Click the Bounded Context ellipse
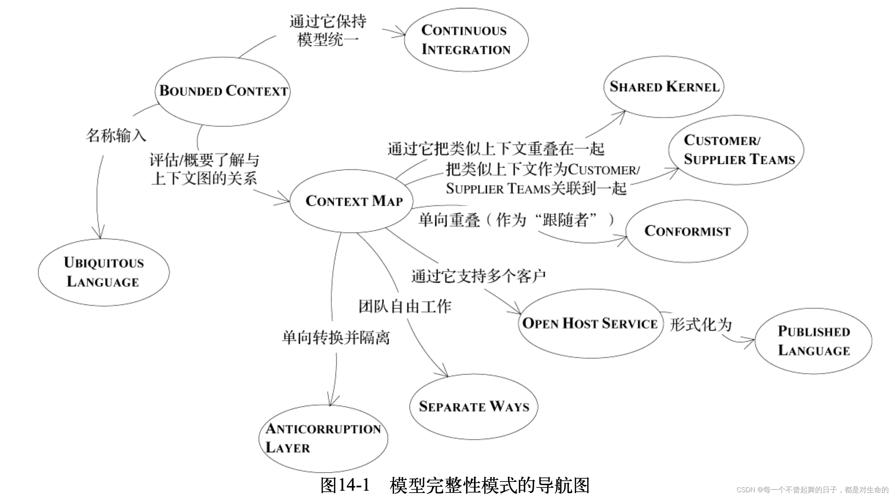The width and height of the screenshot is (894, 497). tap(223, 91)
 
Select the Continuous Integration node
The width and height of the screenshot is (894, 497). tap(466, 40)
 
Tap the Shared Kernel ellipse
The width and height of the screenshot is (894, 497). tap(664, 87)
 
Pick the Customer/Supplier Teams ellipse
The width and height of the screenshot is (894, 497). tap(736, 150)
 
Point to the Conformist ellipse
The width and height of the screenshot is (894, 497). tap(687, 231)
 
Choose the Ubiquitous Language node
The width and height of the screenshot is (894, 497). tap(104, 272)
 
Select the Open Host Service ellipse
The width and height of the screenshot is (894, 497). tap(590, 323)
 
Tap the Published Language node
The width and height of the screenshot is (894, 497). tap(814, 341)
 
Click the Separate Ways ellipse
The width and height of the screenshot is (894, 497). tap(474, 407)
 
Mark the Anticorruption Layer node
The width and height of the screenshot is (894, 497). tap(323, 438)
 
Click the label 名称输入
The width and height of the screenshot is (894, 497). tap(116, 136)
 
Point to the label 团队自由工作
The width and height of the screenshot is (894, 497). tap(405, 306)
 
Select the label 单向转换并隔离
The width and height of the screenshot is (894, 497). tap(336, 337)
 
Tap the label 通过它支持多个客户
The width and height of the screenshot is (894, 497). tap(478, 276)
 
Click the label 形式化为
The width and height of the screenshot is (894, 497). tap(701, 325)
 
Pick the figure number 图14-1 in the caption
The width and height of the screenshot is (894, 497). tap(345, 485)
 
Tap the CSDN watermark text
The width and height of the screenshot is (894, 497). tap(812, 490)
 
